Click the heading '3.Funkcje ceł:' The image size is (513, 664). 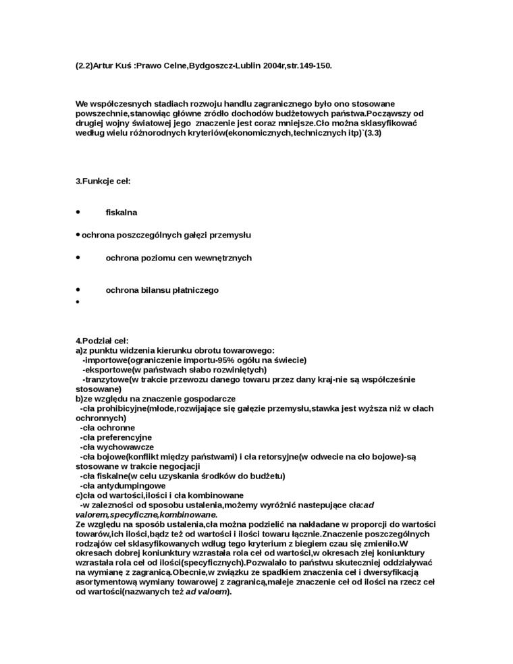pyautogui.click(x=103, y=181)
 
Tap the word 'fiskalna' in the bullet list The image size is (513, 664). pyautogui.click(x=122, y=213)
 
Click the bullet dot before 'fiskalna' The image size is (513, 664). pyautogui.click(x=78, y=212)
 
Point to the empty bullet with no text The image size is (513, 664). pyautogui.click(x=78, y=302)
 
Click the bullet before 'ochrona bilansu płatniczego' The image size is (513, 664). pyautogui.click(x=78, y=289)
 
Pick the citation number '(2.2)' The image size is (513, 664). pyautogui.click(x=84, y=66)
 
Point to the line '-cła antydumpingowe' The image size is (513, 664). pyautogui.click(x=123, y=486)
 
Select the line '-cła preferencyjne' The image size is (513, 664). pyautogui.click(x=116, y=437)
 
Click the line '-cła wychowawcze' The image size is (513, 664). pyautogui.click(x=117, y=447)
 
